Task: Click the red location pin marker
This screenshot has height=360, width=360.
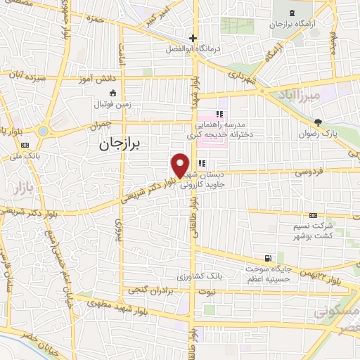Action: (181, 165)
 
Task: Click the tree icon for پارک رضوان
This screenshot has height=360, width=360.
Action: (318, 122)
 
